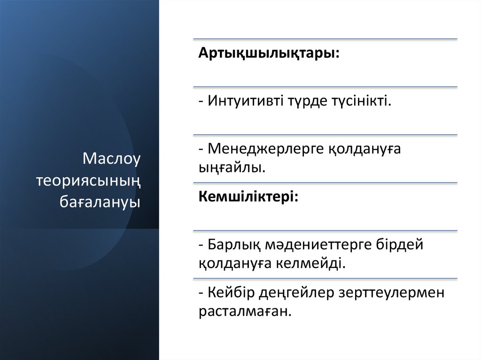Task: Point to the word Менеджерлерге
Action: tap(265, 149)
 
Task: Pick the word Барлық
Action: tap(233, 245)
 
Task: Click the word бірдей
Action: tap(400, 245)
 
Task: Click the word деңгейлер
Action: tap(295, 293)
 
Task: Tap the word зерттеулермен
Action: tap(391, 293)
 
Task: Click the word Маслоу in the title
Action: tap(112, 159)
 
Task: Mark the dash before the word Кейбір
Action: tap(201, 293)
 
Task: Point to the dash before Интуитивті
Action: tap(201, 101)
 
